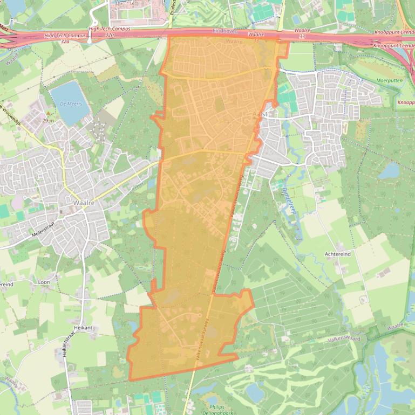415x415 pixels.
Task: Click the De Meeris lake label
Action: point(71,103)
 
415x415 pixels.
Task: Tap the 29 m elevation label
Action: point(47,121)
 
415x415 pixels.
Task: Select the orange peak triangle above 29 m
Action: point(48,113)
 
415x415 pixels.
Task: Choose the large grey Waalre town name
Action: point(81,203)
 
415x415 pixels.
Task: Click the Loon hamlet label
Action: point(44,282)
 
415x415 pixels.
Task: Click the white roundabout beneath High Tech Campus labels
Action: point(90,41)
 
